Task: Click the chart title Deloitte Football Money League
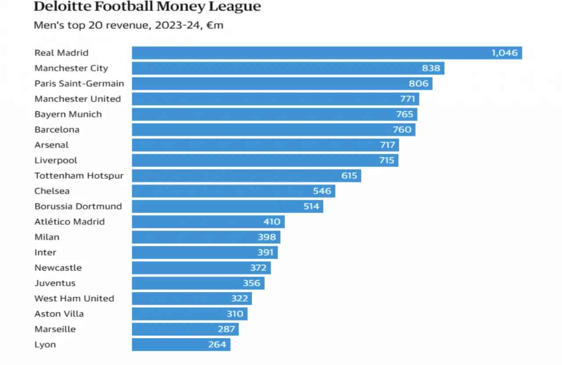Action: [147, 7]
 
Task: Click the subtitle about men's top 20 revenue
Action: [128, 25]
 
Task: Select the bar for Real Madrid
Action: [307, 53]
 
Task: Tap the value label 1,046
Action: [504, 53]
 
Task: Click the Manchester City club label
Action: [71, 68]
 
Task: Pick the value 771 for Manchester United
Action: [407, 99]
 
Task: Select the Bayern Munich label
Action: [68, 114]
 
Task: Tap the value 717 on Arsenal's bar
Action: [387, 145]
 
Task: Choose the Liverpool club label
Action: [56, 160]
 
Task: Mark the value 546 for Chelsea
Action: [322, 191]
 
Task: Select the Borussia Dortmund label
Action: [78, 206]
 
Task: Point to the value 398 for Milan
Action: [267, 237]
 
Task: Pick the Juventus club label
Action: [55, 283]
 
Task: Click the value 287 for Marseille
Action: [227, 329]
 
